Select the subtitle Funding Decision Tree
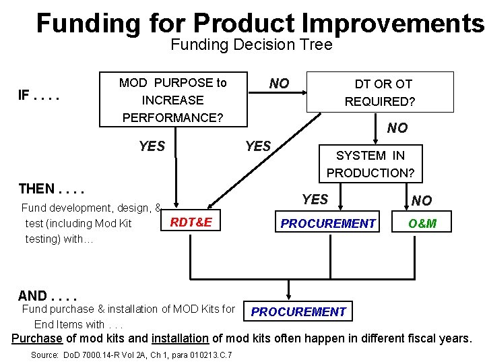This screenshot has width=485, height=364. click(251, 45)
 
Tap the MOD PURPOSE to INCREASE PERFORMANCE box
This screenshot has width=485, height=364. click(173, 100)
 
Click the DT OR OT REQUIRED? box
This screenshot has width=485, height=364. click(380, 92)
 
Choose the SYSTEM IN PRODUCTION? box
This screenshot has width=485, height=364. click(370, 164)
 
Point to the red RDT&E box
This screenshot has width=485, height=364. click(191, 222)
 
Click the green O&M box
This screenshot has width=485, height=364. click(422, 223)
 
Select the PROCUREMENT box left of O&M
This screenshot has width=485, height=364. click(328, 223)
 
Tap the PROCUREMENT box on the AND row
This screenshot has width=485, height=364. click(298, 311)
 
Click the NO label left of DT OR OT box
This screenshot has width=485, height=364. click(279, 84)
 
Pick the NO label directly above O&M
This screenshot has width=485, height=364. click(422, 200)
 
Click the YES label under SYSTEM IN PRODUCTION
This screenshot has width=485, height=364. click(315, 199)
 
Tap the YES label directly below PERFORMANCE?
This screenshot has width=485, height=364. click(152, 146)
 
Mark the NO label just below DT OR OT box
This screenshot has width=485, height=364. click(397, 128)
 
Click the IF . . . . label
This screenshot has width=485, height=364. click(39, 95)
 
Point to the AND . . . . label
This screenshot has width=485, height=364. click(47, 295)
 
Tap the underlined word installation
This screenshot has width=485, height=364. click(180, 338)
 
